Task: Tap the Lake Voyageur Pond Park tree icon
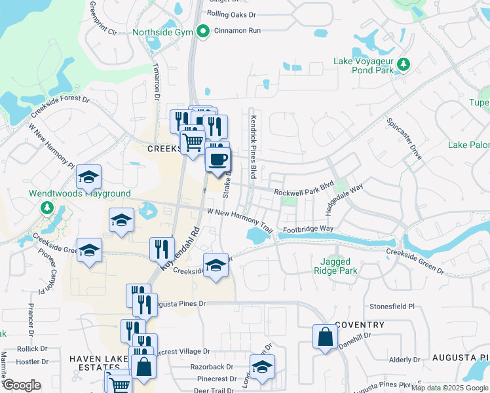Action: pyautogui.click(x=404, y=64)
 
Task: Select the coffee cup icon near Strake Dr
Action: pyautogui.click(x=217, y=159)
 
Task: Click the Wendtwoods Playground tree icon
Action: pyautogui.click(x=47, y=208)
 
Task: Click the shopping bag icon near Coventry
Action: pyautogui.click(x=325, y=337)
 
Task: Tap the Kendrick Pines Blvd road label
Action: pyautogui.click(x=253, y=147)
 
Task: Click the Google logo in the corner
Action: pyautogui.click(x=22, y=385)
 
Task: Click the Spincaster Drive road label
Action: pyautogui.click(x=405, y=135)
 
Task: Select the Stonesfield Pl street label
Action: pyautogui.click(x=392, y=306)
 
